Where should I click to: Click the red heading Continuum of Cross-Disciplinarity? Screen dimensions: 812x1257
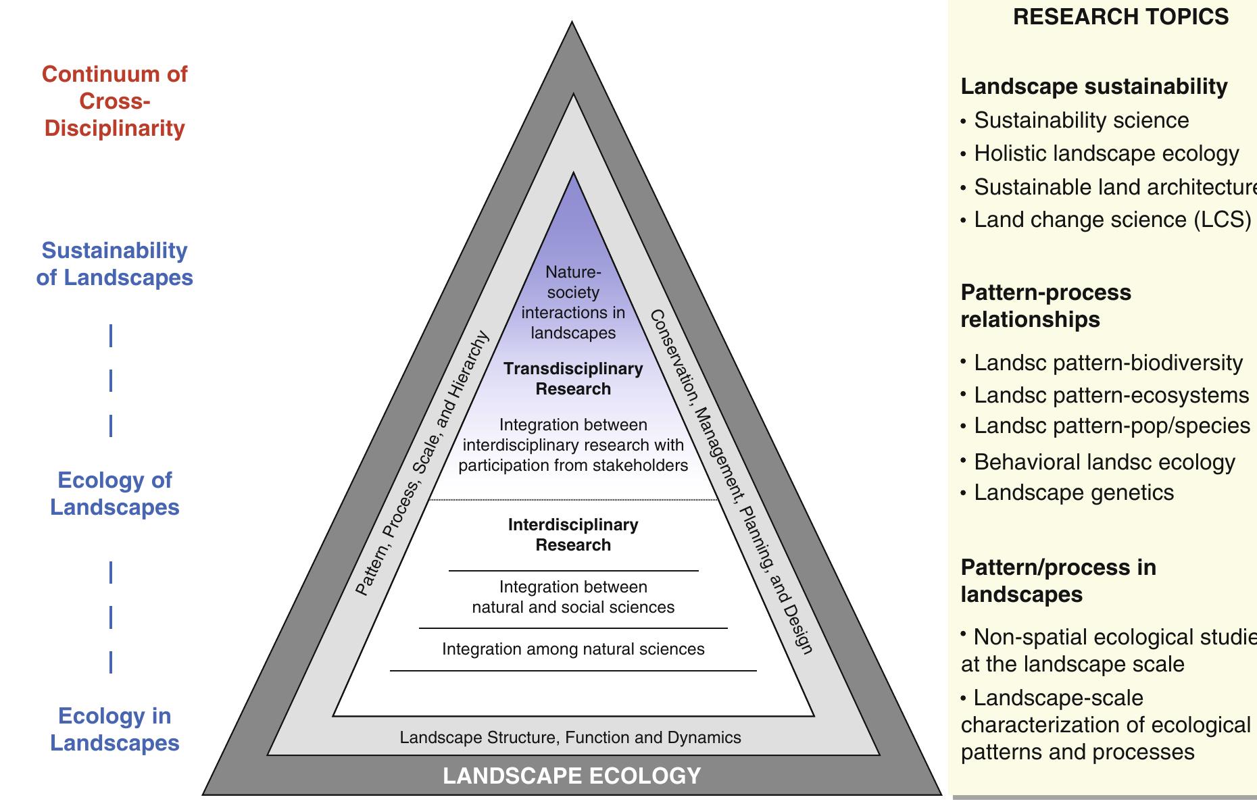click(114, 101)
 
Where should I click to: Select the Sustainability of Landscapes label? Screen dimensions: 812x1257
click(114, 264)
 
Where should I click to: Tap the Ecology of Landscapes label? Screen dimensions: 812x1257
click(114, 494)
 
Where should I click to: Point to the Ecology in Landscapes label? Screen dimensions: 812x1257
click(114, 730)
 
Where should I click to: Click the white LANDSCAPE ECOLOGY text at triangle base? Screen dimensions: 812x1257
click(572, 776)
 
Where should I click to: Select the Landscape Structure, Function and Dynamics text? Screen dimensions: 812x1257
click(570, 738)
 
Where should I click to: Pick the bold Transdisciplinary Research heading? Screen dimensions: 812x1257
click(573, 379)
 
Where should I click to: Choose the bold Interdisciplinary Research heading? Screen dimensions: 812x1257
click(573, 535)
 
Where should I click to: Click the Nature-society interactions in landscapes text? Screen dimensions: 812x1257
click(573, 303)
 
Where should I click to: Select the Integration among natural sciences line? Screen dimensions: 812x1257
click(573, 649)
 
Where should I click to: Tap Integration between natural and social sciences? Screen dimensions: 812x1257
click(573, 597)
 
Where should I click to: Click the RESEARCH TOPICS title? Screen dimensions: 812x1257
click(1120, 17)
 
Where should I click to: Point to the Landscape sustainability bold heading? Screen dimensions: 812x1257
click(1093, 86)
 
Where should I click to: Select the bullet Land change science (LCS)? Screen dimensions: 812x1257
click(1112, 220)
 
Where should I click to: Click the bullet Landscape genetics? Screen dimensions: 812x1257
click(1073, 492)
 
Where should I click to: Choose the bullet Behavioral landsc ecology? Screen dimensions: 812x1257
click(1104, 462)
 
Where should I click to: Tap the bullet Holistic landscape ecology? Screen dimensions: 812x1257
click(1106, 153)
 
